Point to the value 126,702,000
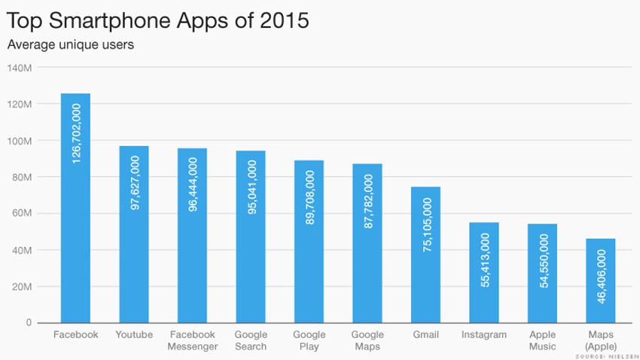(75, 134)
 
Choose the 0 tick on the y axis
(29, 323)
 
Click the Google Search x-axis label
(251, 340)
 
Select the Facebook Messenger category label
(192, 340)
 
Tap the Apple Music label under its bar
(543, 340)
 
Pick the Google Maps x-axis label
(367, 340)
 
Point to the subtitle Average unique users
(71, 44)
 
